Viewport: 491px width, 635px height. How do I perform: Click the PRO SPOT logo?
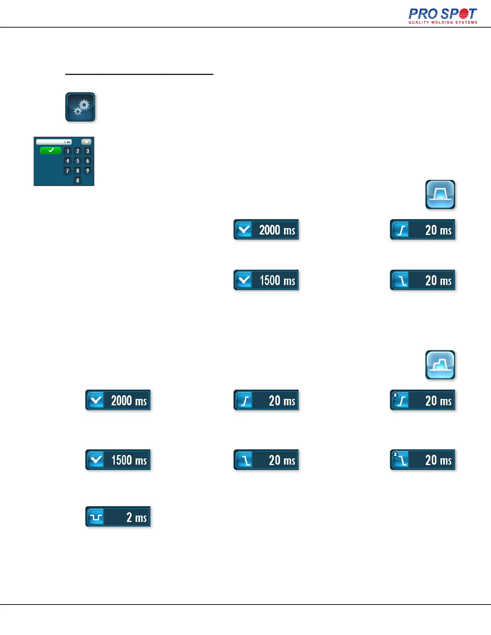[443, 16]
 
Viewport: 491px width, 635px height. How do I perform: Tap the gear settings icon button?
[80, 107]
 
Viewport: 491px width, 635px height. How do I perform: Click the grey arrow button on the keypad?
[86, 142]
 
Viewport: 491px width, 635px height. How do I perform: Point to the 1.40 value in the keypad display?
[67, 142]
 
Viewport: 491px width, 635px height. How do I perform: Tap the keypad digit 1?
[68, 151]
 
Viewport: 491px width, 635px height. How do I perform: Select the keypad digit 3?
[87, 151]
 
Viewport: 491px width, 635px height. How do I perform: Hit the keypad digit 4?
[68, 161]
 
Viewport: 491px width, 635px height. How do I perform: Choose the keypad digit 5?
[77, 161]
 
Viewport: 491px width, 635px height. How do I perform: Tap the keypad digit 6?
[87, 161]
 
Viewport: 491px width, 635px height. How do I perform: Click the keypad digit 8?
[77, 171]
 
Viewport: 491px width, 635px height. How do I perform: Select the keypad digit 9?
[87, 171]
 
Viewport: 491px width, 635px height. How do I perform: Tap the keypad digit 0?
[77, 180]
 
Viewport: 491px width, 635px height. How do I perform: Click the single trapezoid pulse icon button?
[440, 195]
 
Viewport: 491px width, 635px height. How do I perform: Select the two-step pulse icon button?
[440, 365]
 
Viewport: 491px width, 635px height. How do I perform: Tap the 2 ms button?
[118, 517]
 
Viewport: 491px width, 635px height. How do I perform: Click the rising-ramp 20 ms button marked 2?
[422, 400]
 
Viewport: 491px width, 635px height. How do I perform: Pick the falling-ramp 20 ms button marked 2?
[422, 460]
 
